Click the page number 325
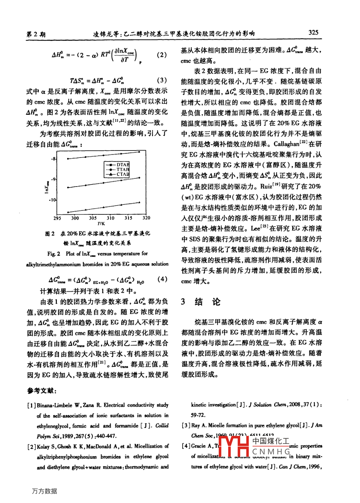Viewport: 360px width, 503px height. pyautogui.click(x=313, y=32)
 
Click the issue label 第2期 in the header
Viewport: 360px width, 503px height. pyautogui.click(x=36, y=34)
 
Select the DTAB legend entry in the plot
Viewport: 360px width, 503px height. pyautogui.click(x=122, y=165)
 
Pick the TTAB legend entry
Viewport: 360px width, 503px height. pyautogui.click(x=122, y=170)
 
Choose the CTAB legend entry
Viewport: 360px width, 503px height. pyautogui.click(x=122, y=174)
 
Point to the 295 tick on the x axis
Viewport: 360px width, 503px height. pyautogui.click(x=57, y=218)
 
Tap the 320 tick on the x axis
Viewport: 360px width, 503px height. pyautogui.click(x=146, y=218)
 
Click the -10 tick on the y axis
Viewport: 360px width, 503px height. pyautogui.click(x=52, y=200)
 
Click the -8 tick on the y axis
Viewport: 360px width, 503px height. pyautogui.click(x=53, y=159)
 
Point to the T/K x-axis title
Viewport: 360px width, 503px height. pyautogui.click(x=101, y=224)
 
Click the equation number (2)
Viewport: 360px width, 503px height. pyautogui.click(x=161, y=55)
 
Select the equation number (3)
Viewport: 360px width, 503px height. pyautogui.click(x=161, y=81)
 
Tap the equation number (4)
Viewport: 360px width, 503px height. pyautogui.click(x=162, y=279)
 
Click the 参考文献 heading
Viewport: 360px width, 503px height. pyautogui.click(x=42, y=391)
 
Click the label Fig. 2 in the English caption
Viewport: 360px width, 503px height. pyautogui.click(x=54, y=254)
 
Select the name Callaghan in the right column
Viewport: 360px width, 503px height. pyautogui.click(x=286, y=144)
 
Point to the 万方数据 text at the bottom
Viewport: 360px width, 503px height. pyautogui.click(x=44, y=491)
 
